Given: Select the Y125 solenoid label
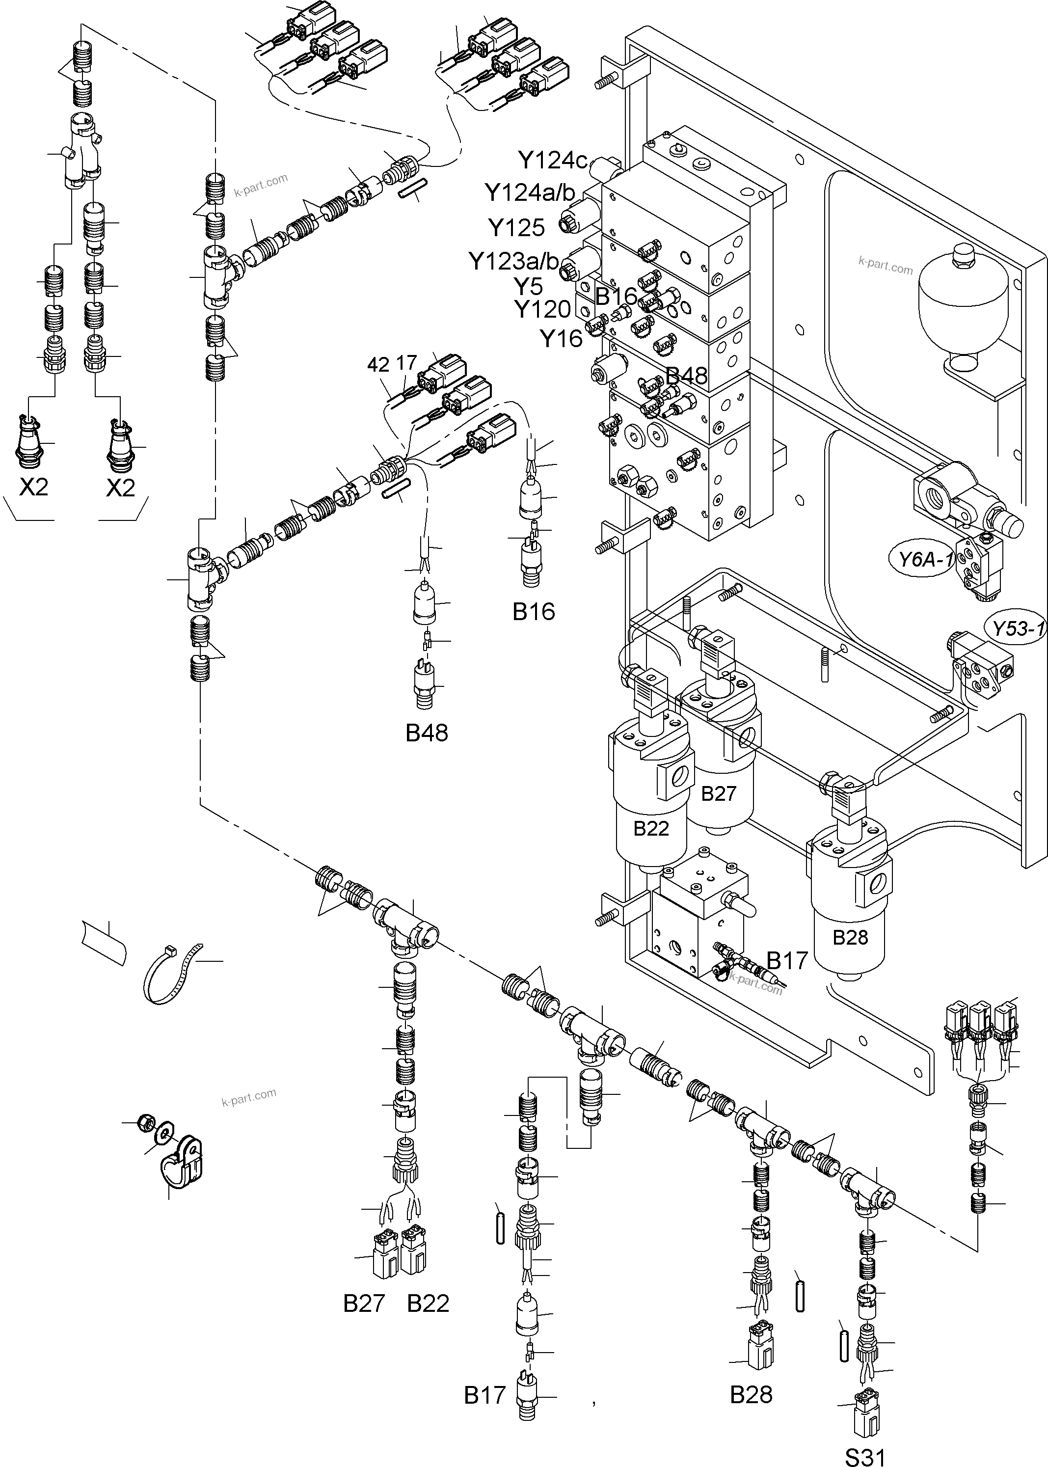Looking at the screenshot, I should (x=516, y=228).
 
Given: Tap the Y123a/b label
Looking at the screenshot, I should (x=513, y=261).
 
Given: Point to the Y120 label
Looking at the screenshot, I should (x=542, y=310).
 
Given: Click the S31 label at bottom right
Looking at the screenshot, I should (x=865, y=1453).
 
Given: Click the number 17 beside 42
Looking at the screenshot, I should (x=406, y=363).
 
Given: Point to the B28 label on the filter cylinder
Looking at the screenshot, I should (x=850, y=937).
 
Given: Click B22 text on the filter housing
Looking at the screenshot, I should (x=650, y=828).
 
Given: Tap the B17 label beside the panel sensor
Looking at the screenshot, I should (x=787, y=960).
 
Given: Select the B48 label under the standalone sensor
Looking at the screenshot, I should (x=427, y=733).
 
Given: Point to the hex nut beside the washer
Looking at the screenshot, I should (x=146, y=1124).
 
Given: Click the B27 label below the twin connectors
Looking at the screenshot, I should (x=364, y=1303).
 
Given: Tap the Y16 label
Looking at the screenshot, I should (x=561, y=339).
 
